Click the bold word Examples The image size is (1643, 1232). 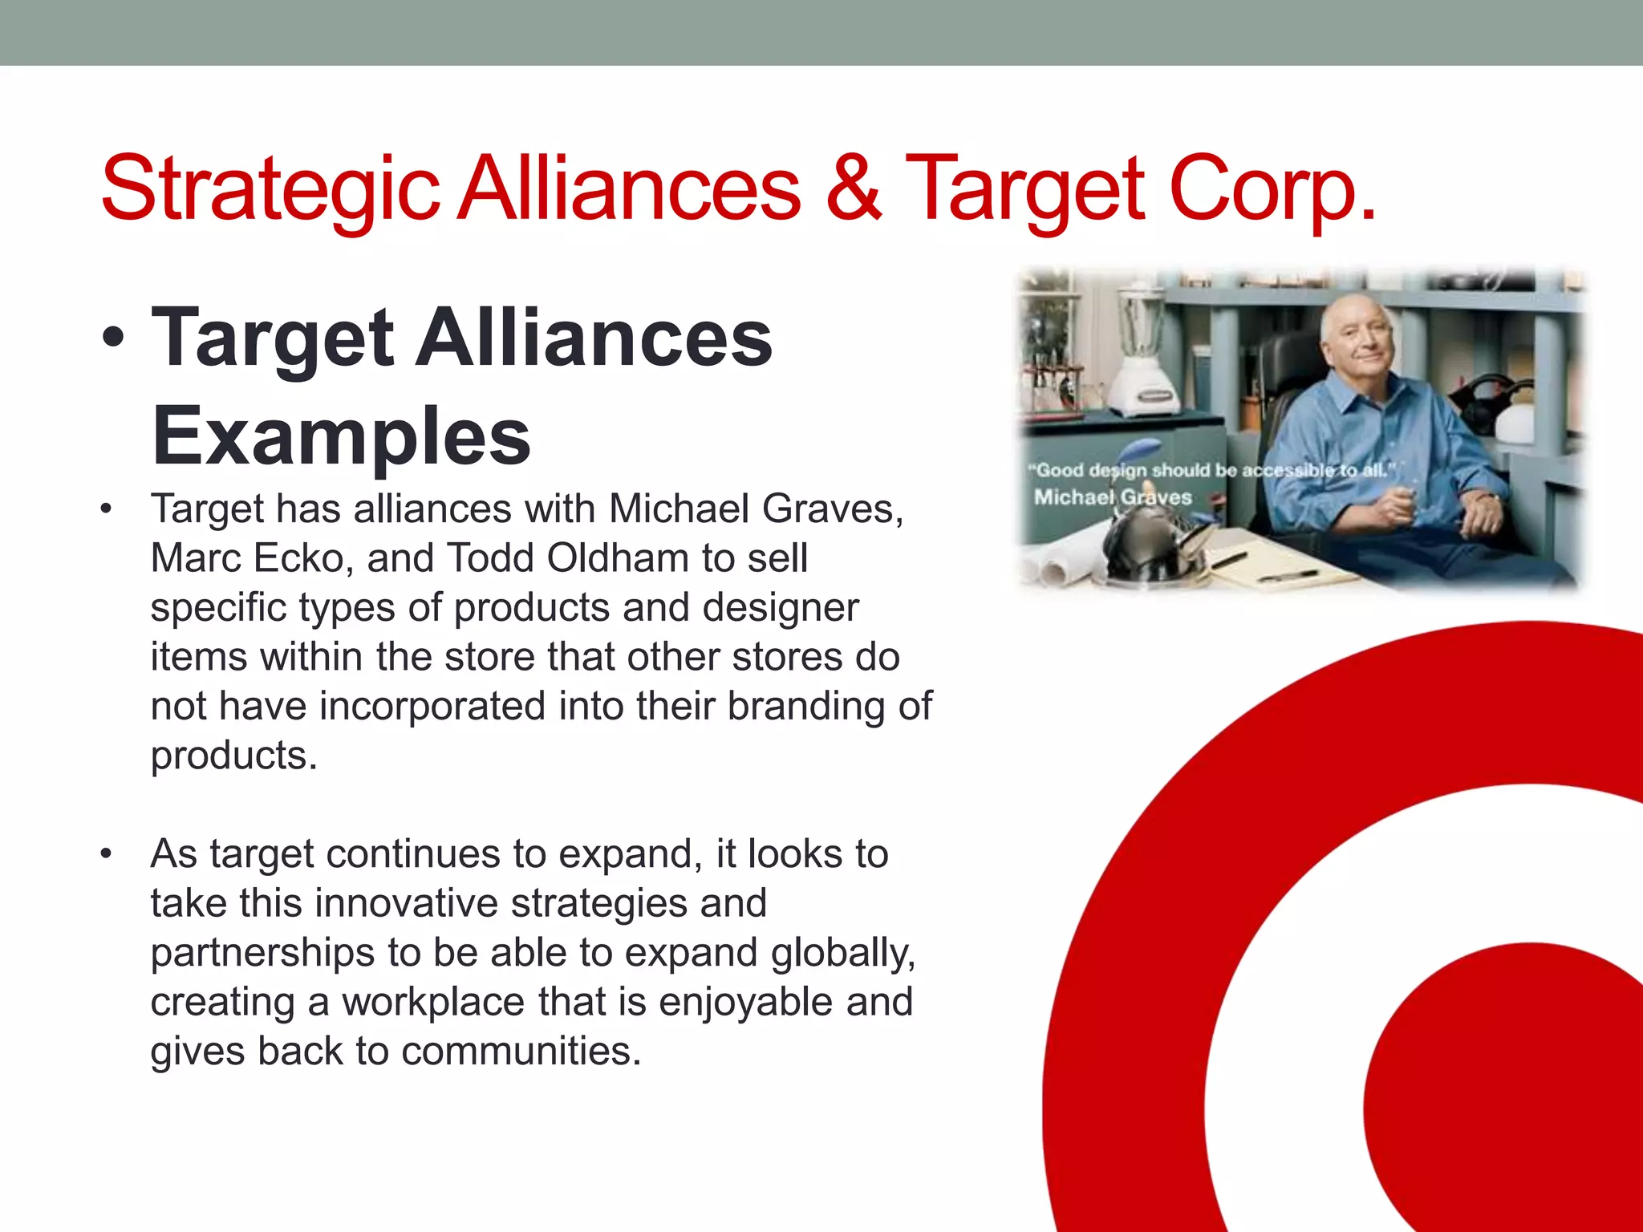coord(341,436)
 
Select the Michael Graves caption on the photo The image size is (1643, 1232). coord(1113,497)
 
